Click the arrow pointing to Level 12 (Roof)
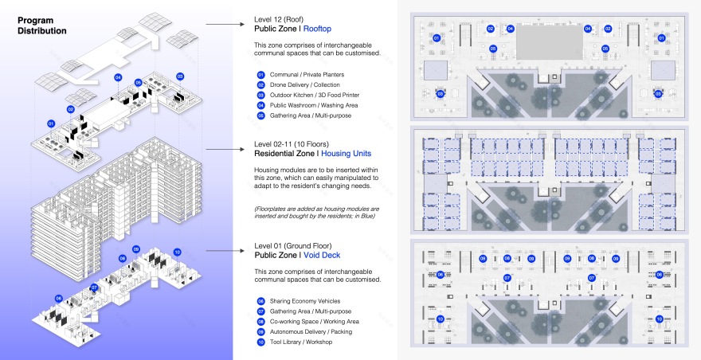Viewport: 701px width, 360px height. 231,25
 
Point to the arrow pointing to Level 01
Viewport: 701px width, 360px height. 231,249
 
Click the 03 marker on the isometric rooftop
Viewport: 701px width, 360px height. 180,76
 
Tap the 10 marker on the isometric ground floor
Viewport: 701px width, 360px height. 177,252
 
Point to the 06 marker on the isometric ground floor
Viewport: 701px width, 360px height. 59,298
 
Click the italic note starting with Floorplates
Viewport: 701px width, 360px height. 315,212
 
